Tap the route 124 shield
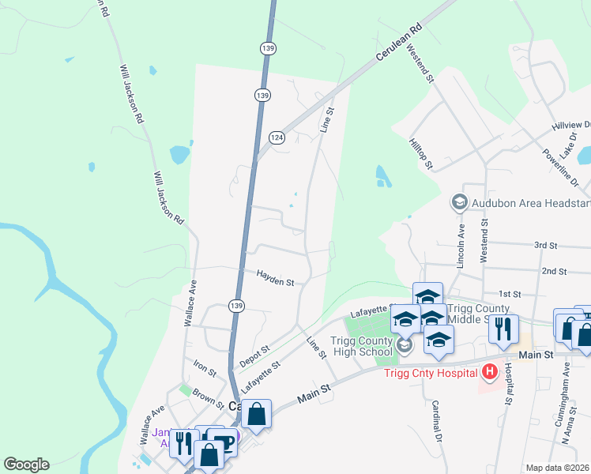(x=276, y=137)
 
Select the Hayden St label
(x=275, y=277)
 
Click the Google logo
(x=26, y=465)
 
